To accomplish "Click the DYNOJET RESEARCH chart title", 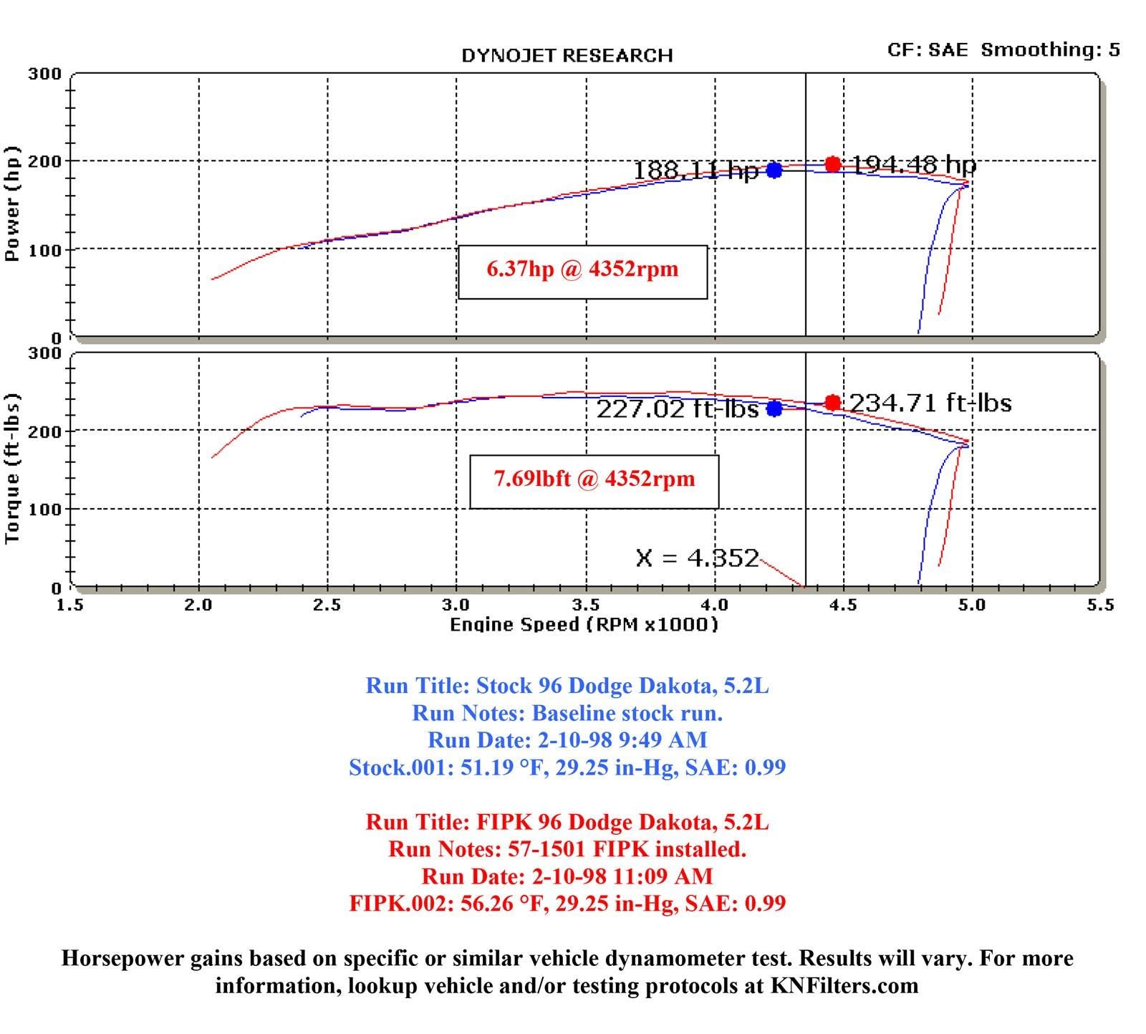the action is pyautogui.click(x=567, y=56).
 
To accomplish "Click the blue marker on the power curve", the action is pyautogui.click(x=774, y=170).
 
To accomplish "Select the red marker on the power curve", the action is pyautogui.click(x=832, y=164).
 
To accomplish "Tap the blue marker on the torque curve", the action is pyautogui.click(x=774, y=408).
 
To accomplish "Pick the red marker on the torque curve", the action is pyautogui.click(x=832, y=403).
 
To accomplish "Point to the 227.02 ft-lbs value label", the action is pyautogui.click(x=678, y=408).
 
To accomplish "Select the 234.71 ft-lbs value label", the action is pyautogui.click(x=930, y=403).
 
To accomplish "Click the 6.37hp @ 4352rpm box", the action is pyautogui.click(x=582, y=272).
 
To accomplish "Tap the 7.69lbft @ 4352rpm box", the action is pyautogui.click(x=594, y=482).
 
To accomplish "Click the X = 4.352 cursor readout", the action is pyautogui.click(x=697, y=557).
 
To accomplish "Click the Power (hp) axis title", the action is pyautogui.click(x=12, y=204).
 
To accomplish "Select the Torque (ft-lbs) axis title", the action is pyautogui.click(x=12, y=469).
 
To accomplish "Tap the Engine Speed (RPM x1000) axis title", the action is pyautogui.click(x=584, y=625).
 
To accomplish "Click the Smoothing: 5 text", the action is pyautogui.click(x=1050, y=49).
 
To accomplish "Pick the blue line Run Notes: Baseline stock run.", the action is pyautogui.click(x=567, y=713).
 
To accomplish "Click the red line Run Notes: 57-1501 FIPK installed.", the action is pyautogui.click(x=567, y=849).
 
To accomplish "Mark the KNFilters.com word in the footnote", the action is pyautogui.click(x=844, y=986).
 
